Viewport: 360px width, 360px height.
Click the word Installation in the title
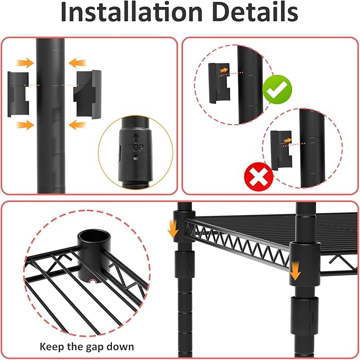tap(131, 12)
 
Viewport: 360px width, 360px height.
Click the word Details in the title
tap(256, 12)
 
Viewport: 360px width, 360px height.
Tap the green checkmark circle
tap(277, 89)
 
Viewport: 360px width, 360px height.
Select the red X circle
tap(259, 177)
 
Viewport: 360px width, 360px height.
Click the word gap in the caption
tap(94, 347)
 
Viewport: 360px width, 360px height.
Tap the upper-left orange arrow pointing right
tap(25, 63)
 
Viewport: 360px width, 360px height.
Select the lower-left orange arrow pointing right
tap(25, 125)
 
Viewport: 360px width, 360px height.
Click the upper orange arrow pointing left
tap(77, 63)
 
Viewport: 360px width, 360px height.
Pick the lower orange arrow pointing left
tap(77, 125)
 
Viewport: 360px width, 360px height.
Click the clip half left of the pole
tap(18, 94)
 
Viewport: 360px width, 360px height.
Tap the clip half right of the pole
tap(87, 94)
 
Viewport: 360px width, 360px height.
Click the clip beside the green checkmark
tap(219, 83)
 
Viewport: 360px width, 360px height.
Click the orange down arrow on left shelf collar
tap(173, 229)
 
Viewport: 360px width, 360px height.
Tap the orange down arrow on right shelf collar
tap(295, 271)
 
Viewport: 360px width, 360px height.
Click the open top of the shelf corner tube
tap(93, 237)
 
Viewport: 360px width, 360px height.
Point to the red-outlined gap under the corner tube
tap(93, 282)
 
